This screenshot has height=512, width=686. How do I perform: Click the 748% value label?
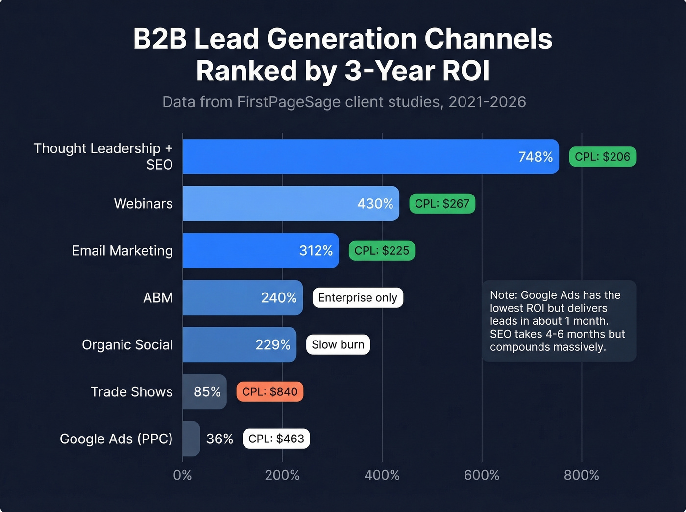pos(535,157)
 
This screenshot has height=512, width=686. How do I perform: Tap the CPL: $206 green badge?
pos(602,157)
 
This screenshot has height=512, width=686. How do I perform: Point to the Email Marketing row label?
pos(122,251)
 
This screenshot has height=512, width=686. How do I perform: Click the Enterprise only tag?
pos(358,298)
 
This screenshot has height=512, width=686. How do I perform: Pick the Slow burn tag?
pos(338,345)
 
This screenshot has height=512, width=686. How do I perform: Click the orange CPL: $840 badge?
pos(269,392)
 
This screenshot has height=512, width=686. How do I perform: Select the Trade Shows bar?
pos(204,392)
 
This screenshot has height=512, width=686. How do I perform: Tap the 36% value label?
pos(219,439)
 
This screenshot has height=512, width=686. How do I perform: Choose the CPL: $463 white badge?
pos(276,439)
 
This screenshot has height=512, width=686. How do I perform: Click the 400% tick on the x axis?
pos(382,475)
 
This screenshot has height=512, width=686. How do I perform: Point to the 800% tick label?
pos(581,475)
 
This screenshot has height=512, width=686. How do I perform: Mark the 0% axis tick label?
pos(182,475)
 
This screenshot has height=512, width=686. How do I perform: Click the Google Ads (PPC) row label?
pos(116,439)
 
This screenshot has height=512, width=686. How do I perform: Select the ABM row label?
pos(158,298)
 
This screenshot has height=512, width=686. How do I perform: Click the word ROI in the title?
pos(465,71)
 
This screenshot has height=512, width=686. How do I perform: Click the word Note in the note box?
pos(503,295)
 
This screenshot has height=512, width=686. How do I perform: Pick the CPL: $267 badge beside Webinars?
pos(442,204)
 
